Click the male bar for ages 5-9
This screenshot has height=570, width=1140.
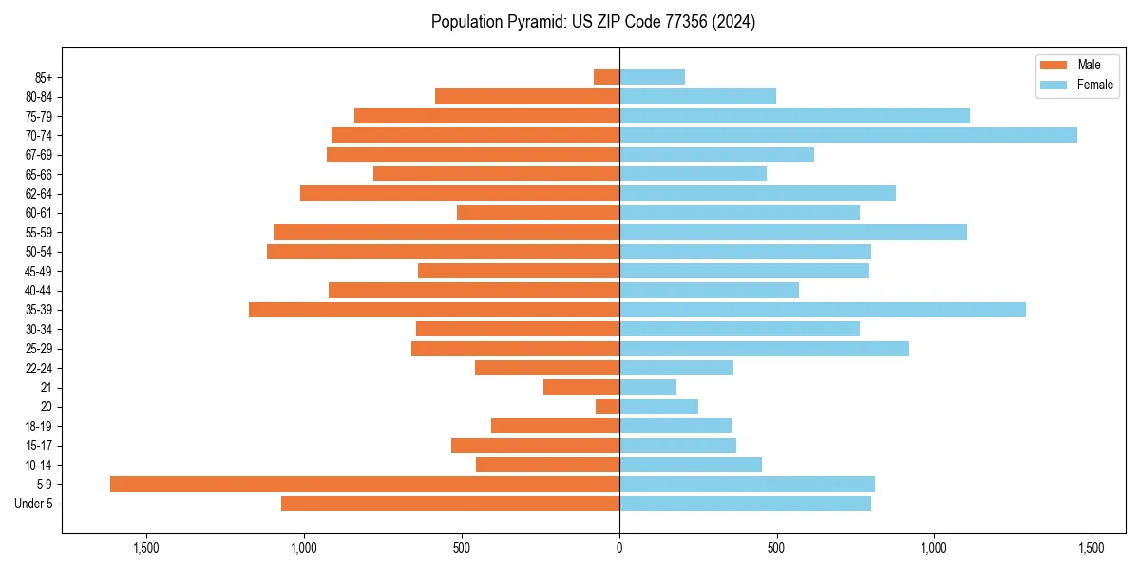pyautogui.click(x=365, y=484)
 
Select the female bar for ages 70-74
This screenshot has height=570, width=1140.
pyautogui.click(x=848, y=136)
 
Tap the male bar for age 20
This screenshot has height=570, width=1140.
pyautogui.click(x=608, y=407)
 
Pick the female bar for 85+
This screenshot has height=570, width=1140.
pyautogui.click(x=652, y=77)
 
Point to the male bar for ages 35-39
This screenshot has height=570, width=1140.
pyautogui.click(x=434, y=310)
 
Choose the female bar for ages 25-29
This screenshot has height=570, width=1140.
pyautogui.click(x=764, y=349)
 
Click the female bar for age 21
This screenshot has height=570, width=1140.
pyautogui.click(x=648, y=388)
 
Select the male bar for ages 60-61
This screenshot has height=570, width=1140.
pyautogui.click(x=538, y=213)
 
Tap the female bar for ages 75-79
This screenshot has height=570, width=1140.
pyautogui.click(x=794, y=116)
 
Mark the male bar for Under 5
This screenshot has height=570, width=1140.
pyautogui.click(x=450, y=503)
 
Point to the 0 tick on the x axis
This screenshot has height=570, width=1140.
pyautogui.click(x=619, y=548)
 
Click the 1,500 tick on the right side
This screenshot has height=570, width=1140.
pyautogui.click(x=1092, y=548)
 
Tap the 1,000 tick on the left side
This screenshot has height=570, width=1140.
pyautogui.click(x=304, y=548)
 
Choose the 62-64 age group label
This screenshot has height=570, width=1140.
pyautogui.click(x=39, y=194)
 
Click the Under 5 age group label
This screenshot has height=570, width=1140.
pyautogui.click(x=34, y=503)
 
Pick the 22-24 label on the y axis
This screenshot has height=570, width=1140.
pyautogui.click(x=39, y=368)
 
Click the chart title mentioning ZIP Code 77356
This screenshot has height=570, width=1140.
pyautogui.click(x=593, y=22)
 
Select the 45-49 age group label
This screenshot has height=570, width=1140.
pyautogui.click(x=39, y=271)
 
